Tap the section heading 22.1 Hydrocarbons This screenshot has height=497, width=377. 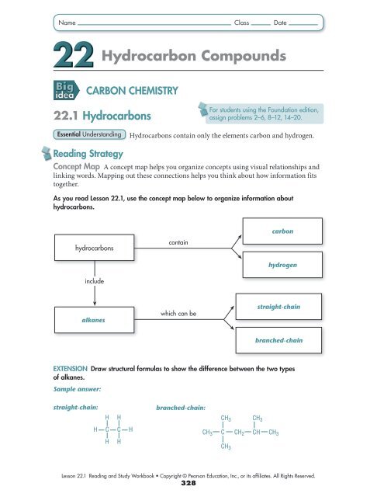click(x=102, y=115)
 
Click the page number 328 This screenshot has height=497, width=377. click(x=188, y=482)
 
